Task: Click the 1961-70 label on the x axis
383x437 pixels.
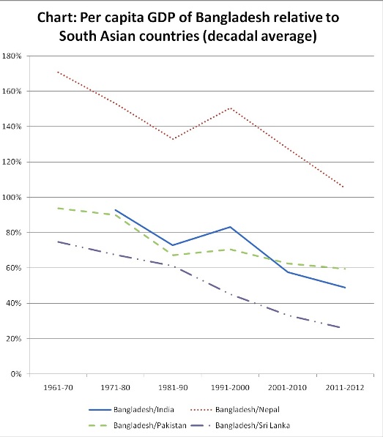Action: click(x=57, y=387)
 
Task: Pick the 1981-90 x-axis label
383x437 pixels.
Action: click(x=172, y=387)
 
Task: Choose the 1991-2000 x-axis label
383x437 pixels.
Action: click(x=230, y=387)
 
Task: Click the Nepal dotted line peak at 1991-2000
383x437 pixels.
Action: click(x=230, y=108)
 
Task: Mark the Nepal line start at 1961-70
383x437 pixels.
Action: click(x=57, y=72)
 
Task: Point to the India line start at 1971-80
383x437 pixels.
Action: click(x=115, y=210)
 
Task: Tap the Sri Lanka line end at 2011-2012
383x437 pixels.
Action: click(x=344, y=328)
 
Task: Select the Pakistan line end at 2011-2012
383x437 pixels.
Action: click(x=344, y=269)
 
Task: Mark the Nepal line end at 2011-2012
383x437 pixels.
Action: click(x=344, y=187)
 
